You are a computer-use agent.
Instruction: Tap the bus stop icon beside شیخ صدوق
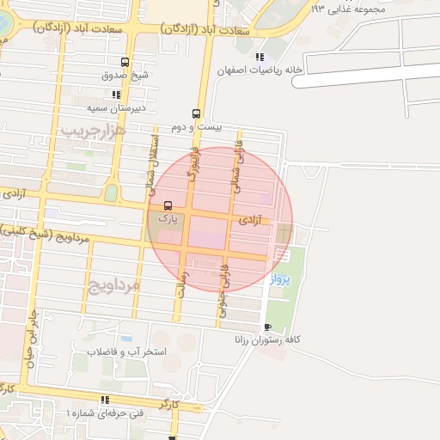(x=125, y=63)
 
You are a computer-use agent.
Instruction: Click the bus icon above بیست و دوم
(x=196, y=113)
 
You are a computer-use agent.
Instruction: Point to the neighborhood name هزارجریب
(x=93, y=131)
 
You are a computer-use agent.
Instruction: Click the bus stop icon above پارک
(x=167, y=205)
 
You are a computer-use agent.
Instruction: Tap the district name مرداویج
(x=113, y=284)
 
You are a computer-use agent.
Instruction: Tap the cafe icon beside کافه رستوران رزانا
(x=267, y=327)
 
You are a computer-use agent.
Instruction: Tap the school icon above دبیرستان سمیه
(x=115, y=95)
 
